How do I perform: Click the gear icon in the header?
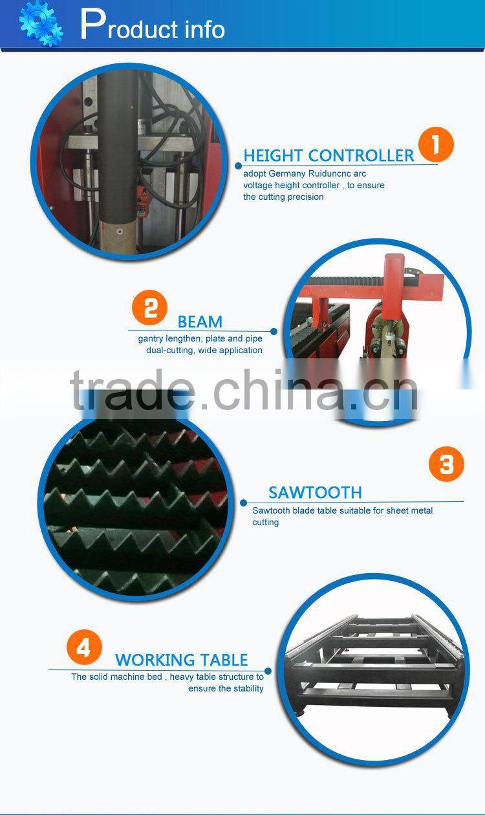click(41, 23)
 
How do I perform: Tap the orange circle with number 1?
click(435, 144)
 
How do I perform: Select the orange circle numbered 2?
click(150, 308)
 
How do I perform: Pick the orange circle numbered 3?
click(447, 464)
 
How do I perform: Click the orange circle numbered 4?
click(84, 647)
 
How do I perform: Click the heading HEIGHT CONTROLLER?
click(329, 156)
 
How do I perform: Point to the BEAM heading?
click(200, 322)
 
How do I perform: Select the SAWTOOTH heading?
click(315, 493)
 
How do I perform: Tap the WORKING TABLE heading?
click(182, 660)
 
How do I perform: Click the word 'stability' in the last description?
click(248, 688)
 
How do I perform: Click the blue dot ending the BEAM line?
click(274, 331)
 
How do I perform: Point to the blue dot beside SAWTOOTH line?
click(244, 502)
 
